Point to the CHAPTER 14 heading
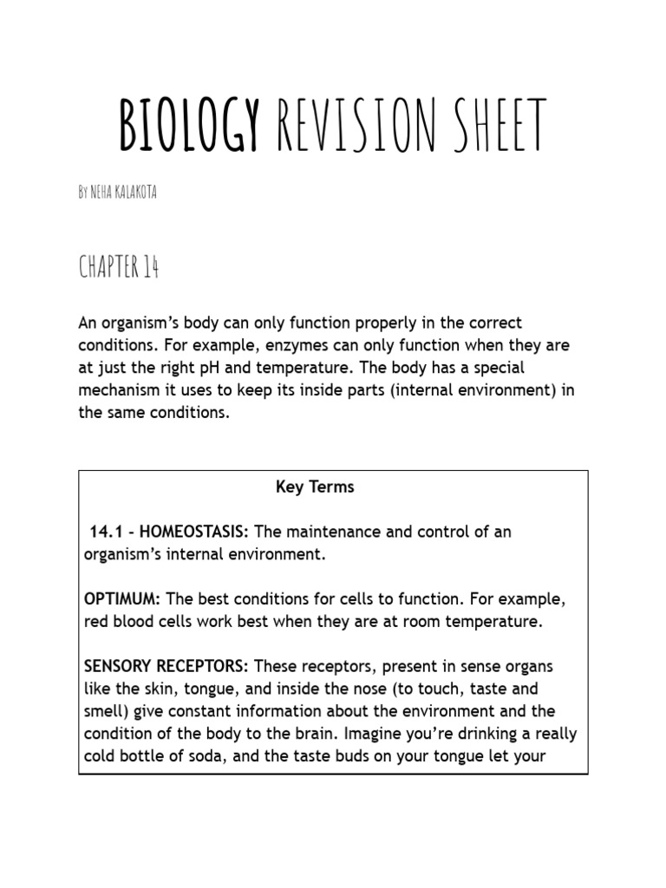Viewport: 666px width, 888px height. click(x=119, y=268)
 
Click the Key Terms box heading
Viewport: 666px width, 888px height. click(x=315, y=487)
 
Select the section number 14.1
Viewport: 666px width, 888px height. click(x=106, y=532)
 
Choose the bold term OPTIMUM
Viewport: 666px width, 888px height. click(x=122, y=599)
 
